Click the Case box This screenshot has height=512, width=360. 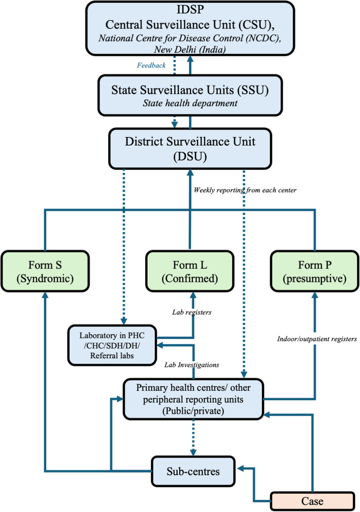[x=313, y=501]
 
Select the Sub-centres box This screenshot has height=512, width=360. [x=193, y=471]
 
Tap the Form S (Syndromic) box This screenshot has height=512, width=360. [x=45, y=271]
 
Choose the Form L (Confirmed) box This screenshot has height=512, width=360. [x=190, y=271]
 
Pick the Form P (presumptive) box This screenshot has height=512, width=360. [x=315, y=271]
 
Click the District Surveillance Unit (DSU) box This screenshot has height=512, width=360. [x=190, y=149]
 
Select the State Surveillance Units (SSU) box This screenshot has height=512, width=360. [x=190, y=95]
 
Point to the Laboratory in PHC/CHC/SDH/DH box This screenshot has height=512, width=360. [x=112, y=345]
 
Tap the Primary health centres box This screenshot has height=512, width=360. [x=193, y=399]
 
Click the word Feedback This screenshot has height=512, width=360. [x=151, y=65]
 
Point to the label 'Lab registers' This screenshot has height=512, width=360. [x=192, y=312]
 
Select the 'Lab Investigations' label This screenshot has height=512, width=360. [x=192, y=365]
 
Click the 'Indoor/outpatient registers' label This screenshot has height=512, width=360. [x=317, y=339]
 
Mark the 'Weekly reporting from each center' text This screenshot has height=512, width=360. [x=245, y=190]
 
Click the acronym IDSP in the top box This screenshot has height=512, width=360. [x=190, y=9]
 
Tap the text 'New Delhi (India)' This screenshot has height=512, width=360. [x=190, y=50]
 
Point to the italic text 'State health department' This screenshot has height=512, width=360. [x=190, y=103]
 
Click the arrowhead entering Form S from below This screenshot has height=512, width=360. [x=45, y=295]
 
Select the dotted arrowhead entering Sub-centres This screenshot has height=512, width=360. [x=193, y=453]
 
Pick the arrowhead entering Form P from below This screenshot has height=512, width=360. [x=315, y=295]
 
